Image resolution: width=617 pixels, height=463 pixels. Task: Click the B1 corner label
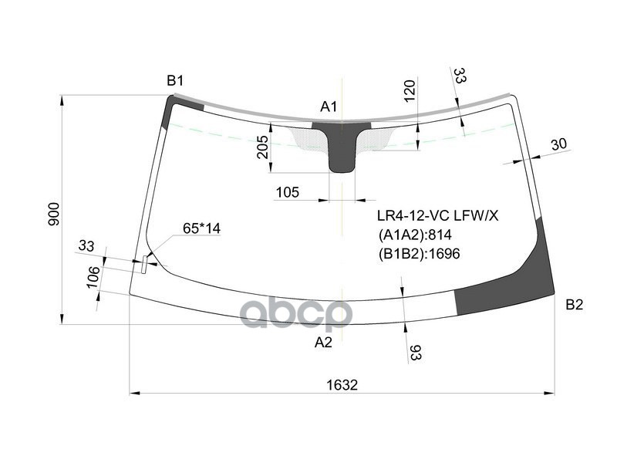pyautogui.click(x=175, y=81)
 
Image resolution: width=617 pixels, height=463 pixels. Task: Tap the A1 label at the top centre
pyautogui.click(x=329, y=106)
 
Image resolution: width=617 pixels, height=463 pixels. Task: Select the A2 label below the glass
pyautogui.click(x=323, y=343)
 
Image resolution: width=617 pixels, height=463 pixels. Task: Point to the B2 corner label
pyautogui.click(x=574, y=305)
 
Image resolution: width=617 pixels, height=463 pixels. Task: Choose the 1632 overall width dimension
pyautogui.click(x=342, y=385)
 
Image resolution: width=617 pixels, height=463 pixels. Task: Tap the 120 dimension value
pyautogui.click(x=410, y=90)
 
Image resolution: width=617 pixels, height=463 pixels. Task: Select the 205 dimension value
pyautogui.click(x=262, y=147)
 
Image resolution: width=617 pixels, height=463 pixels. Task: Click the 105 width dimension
pyautogui.click(x=287, y=192)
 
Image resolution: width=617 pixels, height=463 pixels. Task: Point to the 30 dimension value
pyautogui.click(x=559, y=144)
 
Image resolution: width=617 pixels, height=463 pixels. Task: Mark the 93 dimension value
pyautogui.click(x=415, y=353)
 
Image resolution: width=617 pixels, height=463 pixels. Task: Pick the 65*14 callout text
pyautogui.click(x=201, y=228)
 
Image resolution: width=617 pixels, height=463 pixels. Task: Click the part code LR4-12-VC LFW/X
pyautogui.click(x=437, y=217)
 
